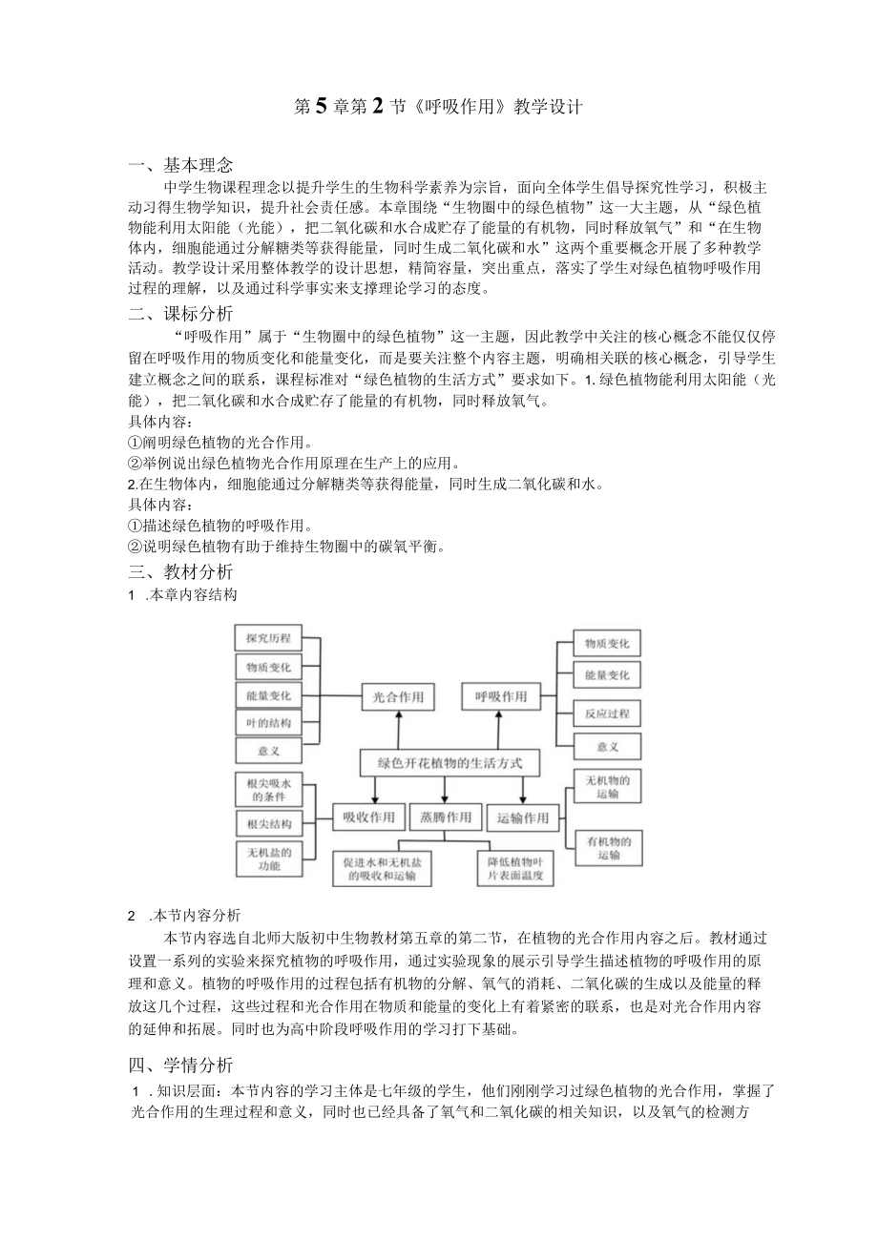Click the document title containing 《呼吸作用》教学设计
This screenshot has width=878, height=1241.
pos(438,107)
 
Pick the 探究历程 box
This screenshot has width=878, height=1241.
pos(268,638)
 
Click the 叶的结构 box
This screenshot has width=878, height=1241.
pos(268,722)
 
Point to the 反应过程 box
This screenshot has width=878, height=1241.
pos(607,714)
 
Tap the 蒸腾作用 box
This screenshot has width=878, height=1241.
pos(445,817)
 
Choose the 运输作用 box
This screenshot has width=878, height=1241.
pos(523,817)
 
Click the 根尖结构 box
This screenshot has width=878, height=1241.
pos(268,823)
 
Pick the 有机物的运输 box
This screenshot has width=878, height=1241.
pos(607,848)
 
